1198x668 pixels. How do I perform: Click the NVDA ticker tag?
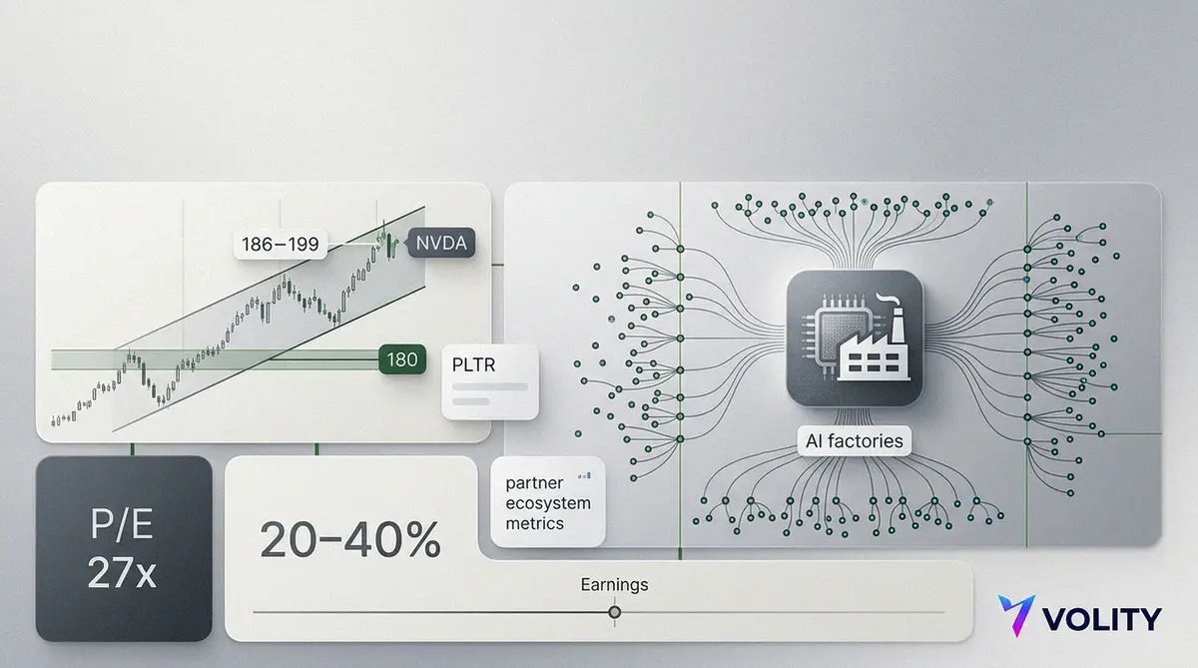[440, 244]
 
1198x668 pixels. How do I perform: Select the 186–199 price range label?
[281, 245]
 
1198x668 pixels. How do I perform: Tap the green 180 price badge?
[402, 359]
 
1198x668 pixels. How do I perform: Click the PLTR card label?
[473, 364]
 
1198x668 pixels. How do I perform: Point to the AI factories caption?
[855, 440]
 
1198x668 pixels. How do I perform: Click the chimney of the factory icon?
[897, 325]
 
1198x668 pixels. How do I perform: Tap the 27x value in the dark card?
[122, 573]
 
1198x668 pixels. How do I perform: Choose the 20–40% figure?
[350, 540]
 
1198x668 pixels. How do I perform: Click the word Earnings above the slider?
[615, 584]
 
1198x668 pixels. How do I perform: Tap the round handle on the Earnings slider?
[615, 612]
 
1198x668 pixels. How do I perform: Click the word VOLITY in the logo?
[1102, 619]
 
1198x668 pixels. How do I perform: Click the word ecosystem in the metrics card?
[548, 503]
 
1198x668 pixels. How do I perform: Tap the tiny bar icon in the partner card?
[585, 475]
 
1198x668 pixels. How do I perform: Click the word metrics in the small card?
[535, 523]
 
